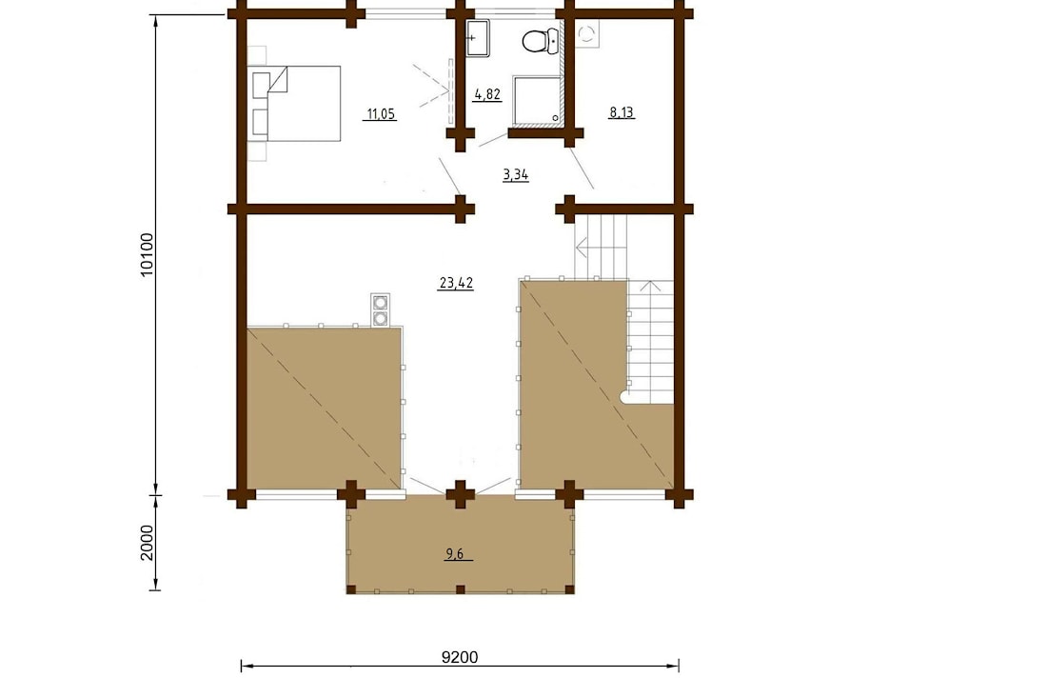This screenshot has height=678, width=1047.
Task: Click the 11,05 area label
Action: [x=381, y=114]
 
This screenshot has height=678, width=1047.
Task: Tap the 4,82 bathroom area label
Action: [x=486, y=94]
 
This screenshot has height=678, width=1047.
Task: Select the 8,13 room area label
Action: [x=621, y=112]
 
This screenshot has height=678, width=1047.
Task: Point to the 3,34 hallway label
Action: [x=516, y=175]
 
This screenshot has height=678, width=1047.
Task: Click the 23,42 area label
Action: [x=456, y=283]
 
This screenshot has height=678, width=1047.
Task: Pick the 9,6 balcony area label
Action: [x=455, y=554]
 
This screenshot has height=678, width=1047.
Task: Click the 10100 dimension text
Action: [x=148, y=255]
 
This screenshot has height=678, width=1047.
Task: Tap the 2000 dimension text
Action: [x=148, y=543]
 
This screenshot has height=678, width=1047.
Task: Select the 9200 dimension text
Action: [x=460, y=657]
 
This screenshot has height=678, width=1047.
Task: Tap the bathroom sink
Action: [x=478, y=38]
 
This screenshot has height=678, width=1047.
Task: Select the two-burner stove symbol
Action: [x=381, y=309]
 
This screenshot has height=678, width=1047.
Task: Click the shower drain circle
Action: [x=555, y=118]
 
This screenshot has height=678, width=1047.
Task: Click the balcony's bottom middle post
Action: [x=460, y=589]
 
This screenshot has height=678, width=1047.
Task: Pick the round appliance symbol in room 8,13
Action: [x=587, y=33]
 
